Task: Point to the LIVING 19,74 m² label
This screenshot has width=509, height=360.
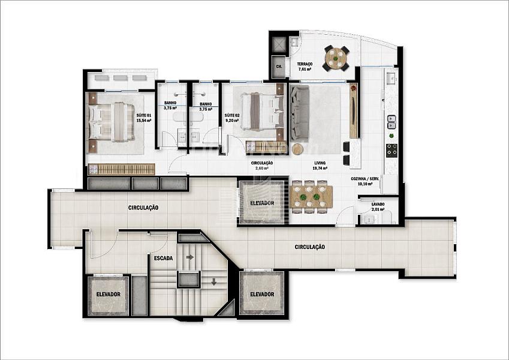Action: point(320,166)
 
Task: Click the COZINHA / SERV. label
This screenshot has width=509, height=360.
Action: point(365,179)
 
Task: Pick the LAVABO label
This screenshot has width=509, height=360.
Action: point(378,204)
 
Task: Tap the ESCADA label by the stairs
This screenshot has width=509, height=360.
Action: point(163,259)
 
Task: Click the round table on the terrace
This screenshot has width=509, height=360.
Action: point(336,58)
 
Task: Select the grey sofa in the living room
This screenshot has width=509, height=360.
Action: point(299,113)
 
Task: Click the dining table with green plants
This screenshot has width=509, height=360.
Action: point(312,197)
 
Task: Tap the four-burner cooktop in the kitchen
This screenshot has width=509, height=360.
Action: point(391,151)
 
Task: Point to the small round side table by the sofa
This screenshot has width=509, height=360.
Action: point(297,149)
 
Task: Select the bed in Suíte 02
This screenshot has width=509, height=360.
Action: point(261,112)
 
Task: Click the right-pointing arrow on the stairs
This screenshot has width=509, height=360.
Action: point(190,257)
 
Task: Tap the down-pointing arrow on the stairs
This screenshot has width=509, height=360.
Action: point(213,281)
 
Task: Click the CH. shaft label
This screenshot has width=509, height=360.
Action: point(279,67)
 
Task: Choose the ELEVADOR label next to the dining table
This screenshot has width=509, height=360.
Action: point(262,203)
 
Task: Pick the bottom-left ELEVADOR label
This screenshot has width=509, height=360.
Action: point(108,295)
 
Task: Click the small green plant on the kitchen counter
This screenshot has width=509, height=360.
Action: point(391,136)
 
